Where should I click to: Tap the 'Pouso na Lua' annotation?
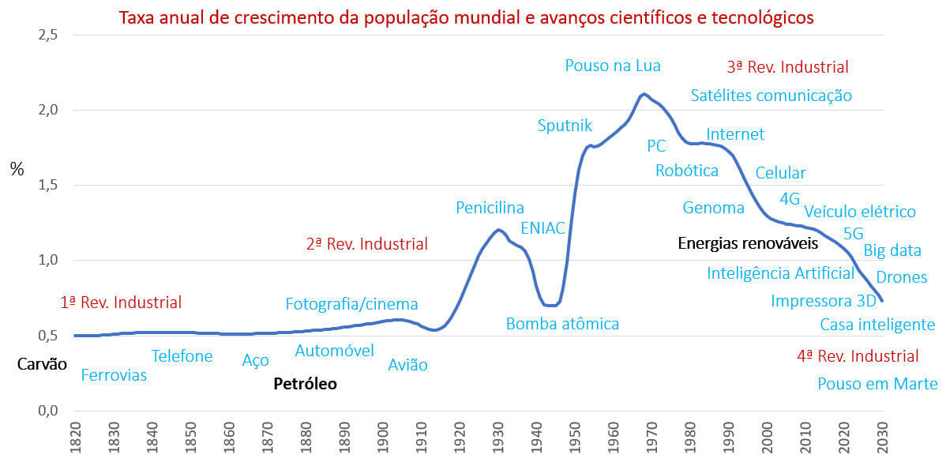(x=612, y=66)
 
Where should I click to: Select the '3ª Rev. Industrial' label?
(x=787, y=67)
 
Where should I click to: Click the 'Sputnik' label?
(x=565, y=125)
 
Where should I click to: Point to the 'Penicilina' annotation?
(x=490, y=208)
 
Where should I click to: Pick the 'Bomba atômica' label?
(x=562, y=324)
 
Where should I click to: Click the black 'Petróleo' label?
(x=305, y=385)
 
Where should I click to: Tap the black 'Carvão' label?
(x=42, y=364)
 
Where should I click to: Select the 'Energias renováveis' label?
(x=748, y=243)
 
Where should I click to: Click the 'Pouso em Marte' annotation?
(x=877, y=385)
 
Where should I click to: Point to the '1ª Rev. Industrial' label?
(x=121, y=303)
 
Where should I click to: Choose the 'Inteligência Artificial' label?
(x=780, y=273)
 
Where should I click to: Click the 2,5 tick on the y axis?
(x=48, y=35)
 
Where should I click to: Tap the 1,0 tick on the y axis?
(x=48, y=260)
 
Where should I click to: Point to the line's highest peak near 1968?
(x=644, y=94)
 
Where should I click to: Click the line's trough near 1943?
(x=550, y=305)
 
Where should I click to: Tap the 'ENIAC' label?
(x=542, y=229)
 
